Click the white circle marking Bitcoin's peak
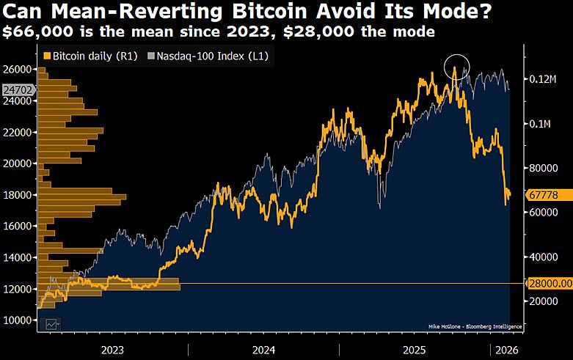click(457, 67)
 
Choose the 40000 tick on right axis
click(541, 257)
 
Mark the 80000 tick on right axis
click(541, 168)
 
